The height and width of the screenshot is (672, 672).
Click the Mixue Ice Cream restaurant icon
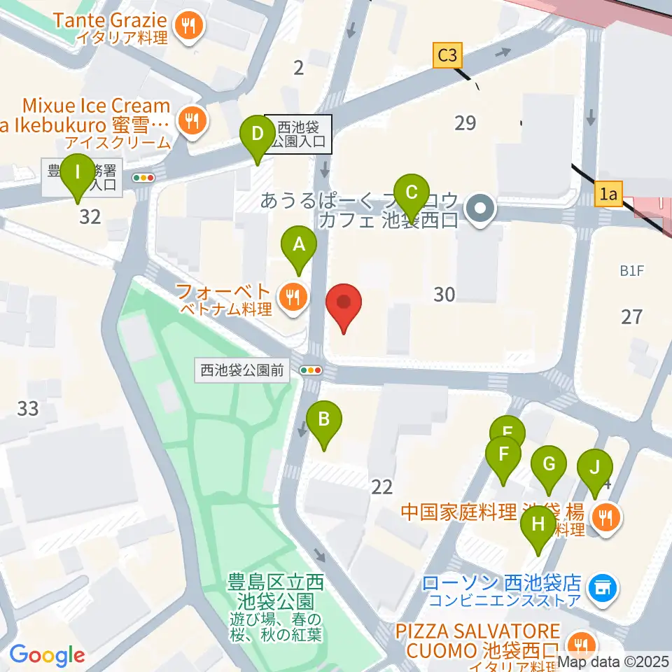[189, 120]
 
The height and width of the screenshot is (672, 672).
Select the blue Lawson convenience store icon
[602, 586]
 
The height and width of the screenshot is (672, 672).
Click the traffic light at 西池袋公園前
[310, 370]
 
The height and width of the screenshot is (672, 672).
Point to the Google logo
[46, 656]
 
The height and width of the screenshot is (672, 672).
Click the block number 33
[28, 407]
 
